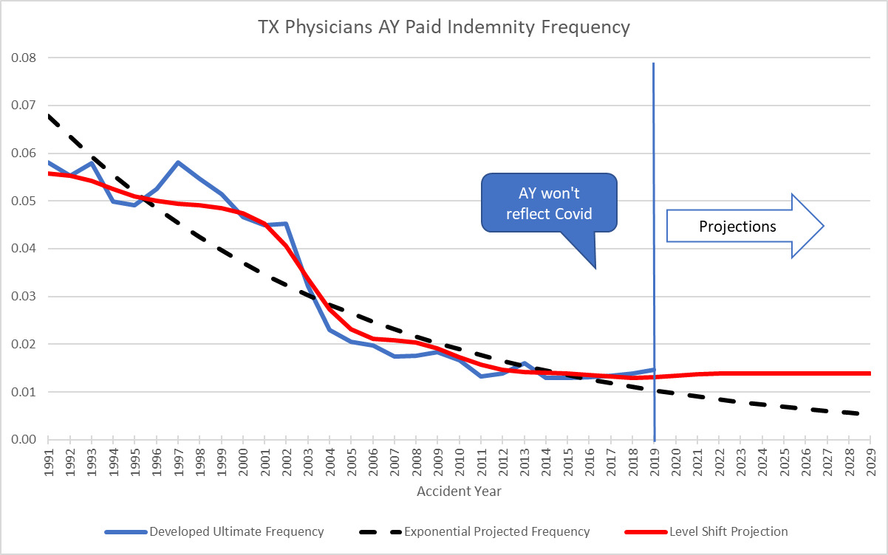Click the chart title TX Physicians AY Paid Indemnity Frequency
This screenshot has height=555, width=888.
[443, 28]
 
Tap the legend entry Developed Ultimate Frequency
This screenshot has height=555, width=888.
[236, 531]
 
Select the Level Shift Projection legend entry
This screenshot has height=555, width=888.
[728, 531]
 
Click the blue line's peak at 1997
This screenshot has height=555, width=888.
[178, 162]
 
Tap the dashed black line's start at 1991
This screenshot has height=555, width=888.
[47, 116]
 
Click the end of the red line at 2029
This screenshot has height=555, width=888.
[870, 373]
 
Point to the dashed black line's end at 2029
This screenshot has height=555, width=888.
[870, 415]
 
